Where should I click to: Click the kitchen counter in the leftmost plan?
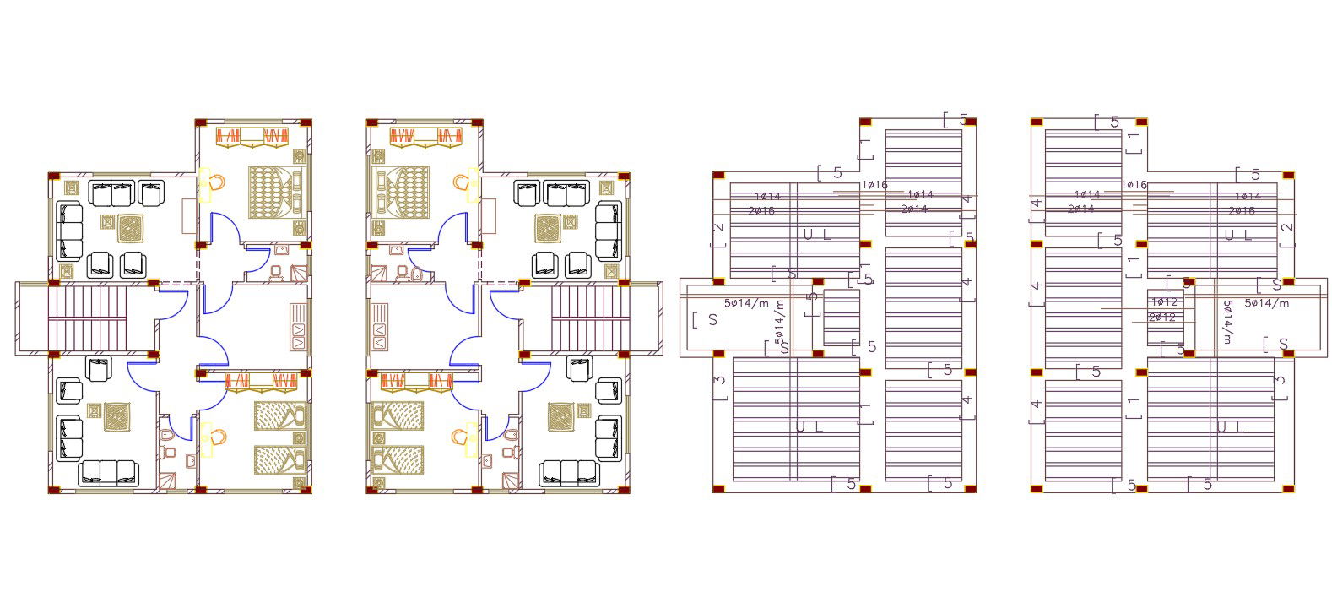pos(299,326)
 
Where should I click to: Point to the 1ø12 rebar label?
pos(1164,302)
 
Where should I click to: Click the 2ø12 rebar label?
pos(1162,318)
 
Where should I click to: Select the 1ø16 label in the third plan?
pos(874,185)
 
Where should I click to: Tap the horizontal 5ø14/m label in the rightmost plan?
pos(1267,302)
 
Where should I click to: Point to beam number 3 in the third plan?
pos(720,381)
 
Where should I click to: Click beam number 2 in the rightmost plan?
pos(1286,229)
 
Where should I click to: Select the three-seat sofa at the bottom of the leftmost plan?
pos(108,473)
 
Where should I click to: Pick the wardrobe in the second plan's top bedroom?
pos(427,136)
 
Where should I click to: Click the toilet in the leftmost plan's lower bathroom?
pos(167,436)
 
